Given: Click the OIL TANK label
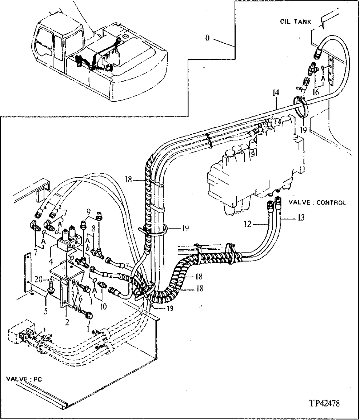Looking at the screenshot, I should click(296, 22).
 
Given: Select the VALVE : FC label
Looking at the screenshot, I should click(24, 379).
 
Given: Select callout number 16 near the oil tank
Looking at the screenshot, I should click(315, 93).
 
